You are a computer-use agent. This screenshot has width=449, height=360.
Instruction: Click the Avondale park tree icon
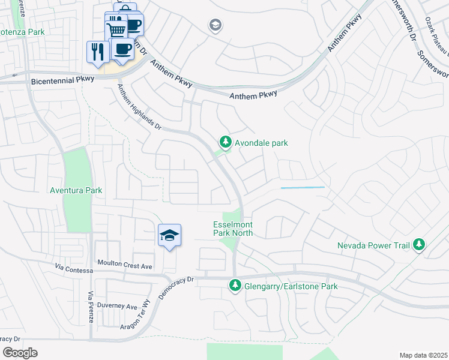click(x=225, y=142)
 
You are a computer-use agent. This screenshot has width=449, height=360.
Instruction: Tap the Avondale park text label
click(x=261, y=143)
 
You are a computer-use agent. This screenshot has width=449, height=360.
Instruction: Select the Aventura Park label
click(x=76, y=190)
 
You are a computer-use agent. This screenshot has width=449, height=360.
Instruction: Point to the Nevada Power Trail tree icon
click(x=419, y=245)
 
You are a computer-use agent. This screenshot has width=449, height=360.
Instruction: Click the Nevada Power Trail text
click(x=373, y=245)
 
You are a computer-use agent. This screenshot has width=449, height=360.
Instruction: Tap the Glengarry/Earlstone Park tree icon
click(x=235, y=286)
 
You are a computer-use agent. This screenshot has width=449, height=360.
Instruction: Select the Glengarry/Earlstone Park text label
click(x=291, y=286)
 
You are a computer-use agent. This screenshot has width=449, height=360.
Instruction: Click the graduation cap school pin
click(x=169, y=235)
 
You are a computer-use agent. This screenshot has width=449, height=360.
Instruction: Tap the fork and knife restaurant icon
click(x=97, y=50)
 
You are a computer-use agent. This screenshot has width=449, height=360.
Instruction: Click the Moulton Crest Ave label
click(x=125, y=265)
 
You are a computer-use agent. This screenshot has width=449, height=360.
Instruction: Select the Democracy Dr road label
click(x=176, y=287)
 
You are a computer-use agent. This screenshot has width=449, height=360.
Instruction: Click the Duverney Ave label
click(x=118, y=306)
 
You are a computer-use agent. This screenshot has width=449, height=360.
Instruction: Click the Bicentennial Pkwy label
click(x=59, y=79)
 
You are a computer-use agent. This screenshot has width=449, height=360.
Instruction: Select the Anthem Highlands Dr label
click(x=139, y=107)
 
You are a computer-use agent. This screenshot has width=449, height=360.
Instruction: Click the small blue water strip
click(x=303, y=188)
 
